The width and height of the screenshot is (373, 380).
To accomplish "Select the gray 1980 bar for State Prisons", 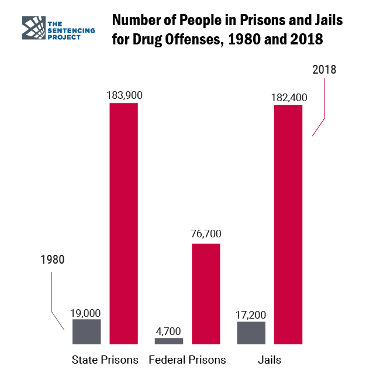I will pos(87,331).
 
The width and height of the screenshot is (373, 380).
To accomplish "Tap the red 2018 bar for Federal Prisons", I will pos(206,293).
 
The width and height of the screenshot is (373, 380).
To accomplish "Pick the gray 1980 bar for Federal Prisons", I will pos(169,341).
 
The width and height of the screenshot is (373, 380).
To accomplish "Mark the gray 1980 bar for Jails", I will pos(251,333).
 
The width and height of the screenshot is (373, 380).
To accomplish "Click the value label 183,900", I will pos(125,95).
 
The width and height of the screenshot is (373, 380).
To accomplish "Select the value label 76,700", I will pos(206,234).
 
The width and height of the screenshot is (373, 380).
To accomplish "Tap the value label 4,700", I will pos(169,331).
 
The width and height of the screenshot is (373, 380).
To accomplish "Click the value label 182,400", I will pos(289,97).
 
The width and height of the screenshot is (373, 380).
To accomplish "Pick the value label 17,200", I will pos(251,315).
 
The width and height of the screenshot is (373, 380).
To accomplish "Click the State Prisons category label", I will pos(105,360).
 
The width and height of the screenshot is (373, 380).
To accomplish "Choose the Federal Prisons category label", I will pos(187,360).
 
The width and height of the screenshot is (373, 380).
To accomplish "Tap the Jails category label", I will pos(270,360).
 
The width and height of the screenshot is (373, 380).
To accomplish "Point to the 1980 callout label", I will pos(53,260).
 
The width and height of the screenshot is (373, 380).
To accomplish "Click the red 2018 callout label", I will pos(324,70).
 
